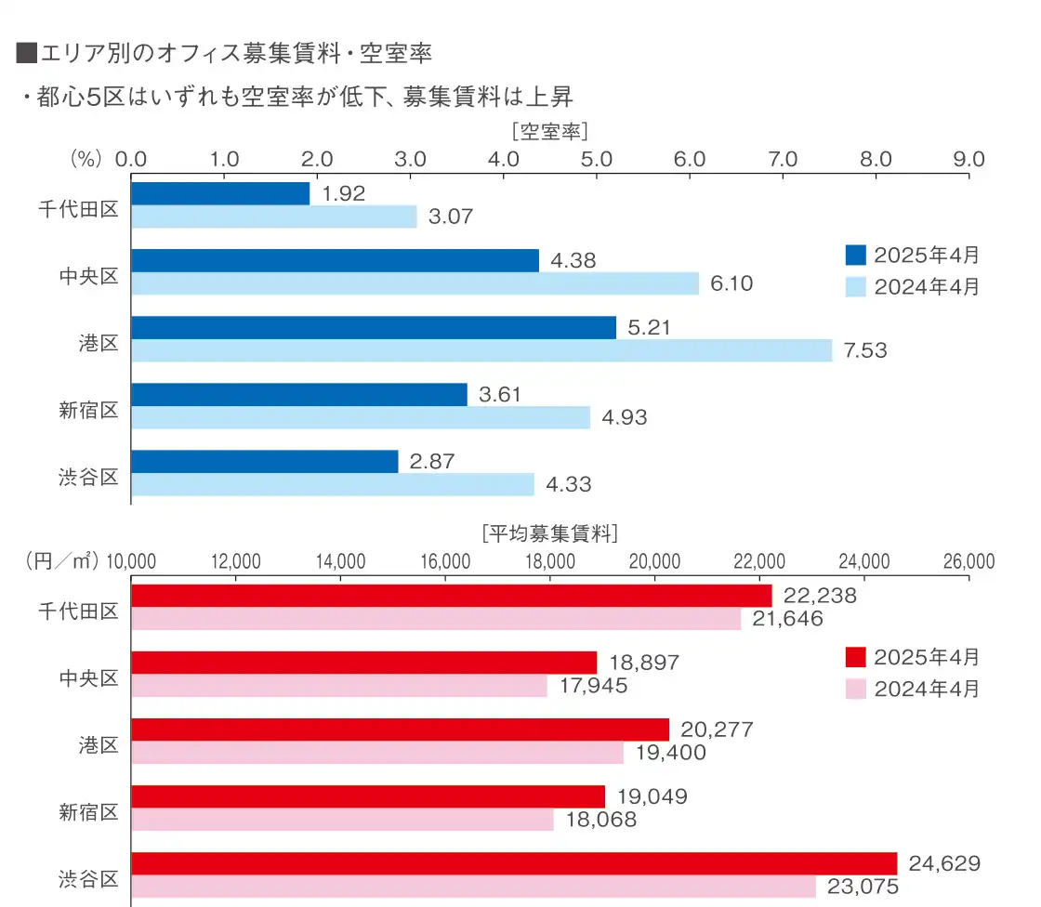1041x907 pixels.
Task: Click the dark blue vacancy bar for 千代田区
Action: coord(220,193)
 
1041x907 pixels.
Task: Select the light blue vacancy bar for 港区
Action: coord(481,350)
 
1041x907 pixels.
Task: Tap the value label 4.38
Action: coord(573,261)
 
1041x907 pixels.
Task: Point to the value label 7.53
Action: coord(864,350)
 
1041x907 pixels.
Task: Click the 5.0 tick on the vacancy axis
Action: coord(596,159)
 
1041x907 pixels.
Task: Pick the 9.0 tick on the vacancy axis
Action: coord(969,159)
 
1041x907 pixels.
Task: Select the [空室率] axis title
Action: coord(549,130)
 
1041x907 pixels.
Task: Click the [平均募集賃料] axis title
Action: coord(550,533)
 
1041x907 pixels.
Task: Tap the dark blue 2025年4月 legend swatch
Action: coord(855,255)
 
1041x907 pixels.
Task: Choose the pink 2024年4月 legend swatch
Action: coord(855,689)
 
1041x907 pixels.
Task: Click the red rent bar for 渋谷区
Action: coord(514,863)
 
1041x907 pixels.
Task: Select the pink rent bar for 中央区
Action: coord(339,686)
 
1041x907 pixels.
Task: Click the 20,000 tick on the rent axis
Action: coord(655,561)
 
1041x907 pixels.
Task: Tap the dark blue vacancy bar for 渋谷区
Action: coord(265,462)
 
